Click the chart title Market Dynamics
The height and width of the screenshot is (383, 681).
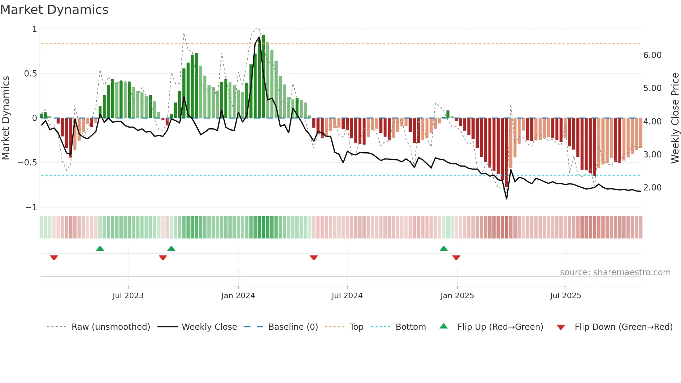point(54,10)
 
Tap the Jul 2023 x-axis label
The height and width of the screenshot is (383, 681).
point(128,296)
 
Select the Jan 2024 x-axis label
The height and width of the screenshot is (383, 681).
point(238,296)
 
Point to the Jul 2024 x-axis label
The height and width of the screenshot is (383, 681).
point(347,296)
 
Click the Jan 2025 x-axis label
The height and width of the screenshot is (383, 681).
point(457,296)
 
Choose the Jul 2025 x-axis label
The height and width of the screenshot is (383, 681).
point(565,296)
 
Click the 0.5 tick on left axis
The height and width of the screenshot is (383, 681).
point(30,74)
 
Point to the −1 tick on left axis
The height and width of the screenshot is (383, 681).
point(31,207)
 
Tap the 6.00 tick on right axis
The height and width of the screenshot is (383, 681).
point(652,55)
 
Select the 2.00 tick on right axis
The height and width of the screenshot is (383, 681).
point(652,188)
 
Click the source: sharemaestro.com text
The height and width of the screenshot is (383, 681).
point(615,272)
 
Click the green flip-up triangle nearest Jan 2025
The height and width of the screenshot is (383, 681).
point(444,248)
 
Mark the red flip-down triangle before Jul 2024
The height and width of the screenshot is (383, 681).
point(314,258)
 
